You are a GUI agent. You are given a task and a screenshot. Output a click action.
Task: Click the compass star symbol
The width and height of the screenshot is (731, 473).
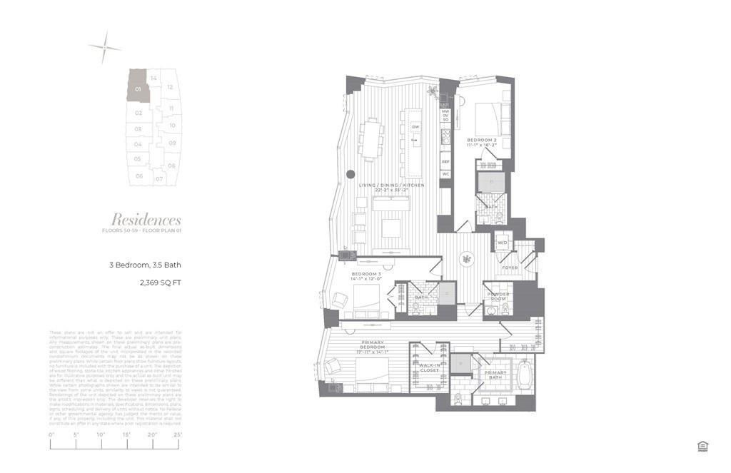point(105,46)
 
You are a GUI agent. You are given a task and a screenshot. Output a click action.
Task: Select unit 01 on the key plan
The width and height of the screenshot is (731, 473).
point(137,88)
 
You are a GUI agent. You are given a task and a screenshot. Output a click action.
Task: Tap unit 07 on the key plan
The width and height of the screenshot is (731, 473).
point(160,178)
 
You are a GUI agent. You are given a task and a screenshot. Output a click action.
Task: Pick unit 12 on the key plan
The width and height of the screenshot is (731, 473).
point(170,87)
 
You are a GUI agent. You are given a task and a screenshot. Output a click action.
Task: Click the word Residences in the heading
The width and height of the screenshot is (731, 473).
point(146,220)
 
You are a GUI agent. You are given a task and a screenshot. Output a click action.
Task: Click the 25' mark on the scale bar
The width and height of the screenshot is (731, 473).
point(178,434)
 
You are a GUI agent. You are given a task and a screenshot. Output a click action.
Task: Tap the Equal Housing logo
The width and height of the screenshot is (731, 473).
point(702,446)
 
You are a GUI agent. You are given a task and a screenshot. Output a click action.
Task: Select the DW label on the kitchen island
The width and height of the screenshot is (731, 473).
point(415,127)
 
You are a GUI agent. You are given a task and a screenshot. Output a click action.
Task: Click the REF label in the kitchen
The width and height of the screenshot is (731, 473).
point(445,162)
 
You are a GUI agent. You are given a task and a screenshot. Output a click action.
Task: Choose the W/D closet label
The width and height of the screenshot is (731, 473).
point(501,241)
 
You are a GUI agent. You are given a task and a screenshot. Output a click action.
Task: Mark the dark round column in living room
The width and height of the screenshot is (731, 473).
point(351,174)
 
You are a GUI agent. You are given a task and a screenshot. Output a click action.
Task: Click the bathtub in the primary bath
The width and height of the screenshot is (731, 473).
point(525,376)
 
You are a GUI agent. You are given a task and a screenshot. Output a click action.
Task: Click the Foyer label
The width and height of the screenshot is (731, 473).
point(510,268)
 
